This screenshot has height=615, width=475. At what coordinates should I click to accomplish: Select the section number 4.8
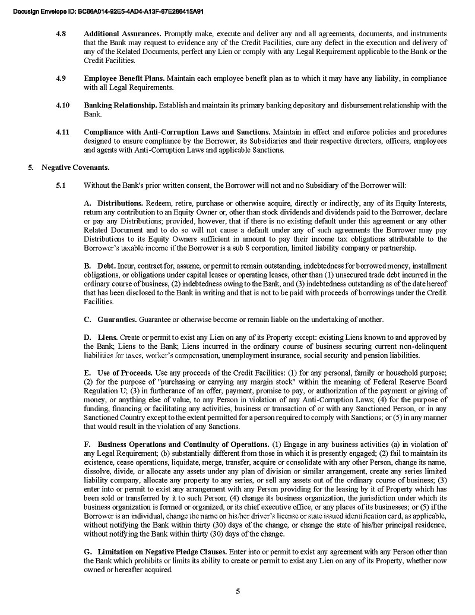pyautogui.click(x=61, y=34)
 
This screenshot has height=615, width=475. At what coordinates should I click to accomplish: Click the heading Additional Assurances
pyautogui.click(x=122, y=34)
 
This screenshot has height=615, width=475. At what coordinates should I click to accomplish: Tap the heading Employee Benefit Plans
pyautogui.click(x=124, y=78)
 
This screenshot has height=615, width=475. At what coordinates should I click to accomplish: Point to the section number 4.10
pyautogui.click(x=62, y=105)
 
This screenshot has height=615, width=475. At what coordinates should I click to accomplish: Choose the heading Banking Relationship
pyautogui.click(x=121, y=105)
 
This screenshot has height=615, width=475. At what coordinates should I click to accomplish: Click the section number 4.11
pyautogui.click(x=62, y=132)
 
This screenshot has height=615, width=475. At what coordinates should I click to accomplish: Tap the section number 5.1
pyautogui.click(x=61, y=185)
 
